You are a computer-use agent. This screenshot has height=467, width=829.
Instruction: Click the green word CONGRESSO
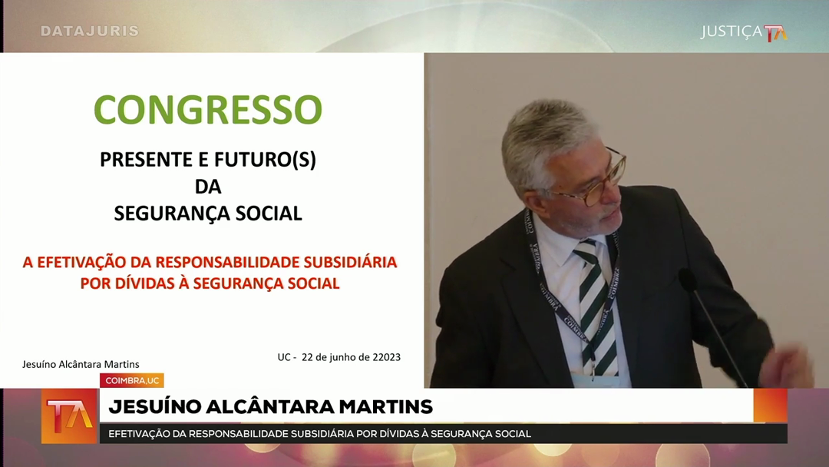(x=208, y=110)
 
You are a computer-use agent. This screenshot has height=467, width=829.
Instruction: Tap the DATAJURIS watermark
(x=89, y=31)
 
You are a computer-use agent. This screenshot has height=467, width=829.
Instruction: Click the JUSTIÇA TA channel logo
(x=744, y=32)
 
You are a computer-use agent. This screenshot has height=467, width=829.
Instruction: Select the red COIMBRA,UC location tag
(x=132, y=380)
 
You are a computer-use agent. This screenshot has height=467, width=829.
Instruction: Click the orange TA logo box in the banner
(x=70, y=416)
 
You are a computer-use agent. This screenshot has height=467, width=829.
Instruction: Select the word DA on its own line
(x=208, y=186)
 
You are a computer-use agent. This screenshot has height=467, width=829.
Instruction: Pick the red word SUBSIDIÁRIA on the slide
(x=350, y=262)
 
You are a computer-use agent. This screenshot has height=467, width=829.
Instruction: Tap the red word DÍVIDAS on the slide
(x=145, y=283)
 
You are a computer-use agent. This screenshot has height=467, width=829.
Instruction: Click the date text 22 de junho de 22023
(x=351, y=357)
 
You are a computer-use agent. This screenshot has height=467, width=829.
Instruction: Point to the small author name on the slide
(x=81, y=364)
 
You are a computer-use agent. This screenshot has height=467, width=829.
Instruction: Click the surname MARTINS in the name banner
(x=385, y=407)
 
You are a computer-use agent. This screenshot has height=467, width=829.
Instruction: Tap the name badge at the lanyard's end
(x=596, y=381)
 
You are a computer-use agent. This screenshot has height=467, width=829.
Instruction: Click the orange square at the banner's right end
(x=771, y=406)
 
